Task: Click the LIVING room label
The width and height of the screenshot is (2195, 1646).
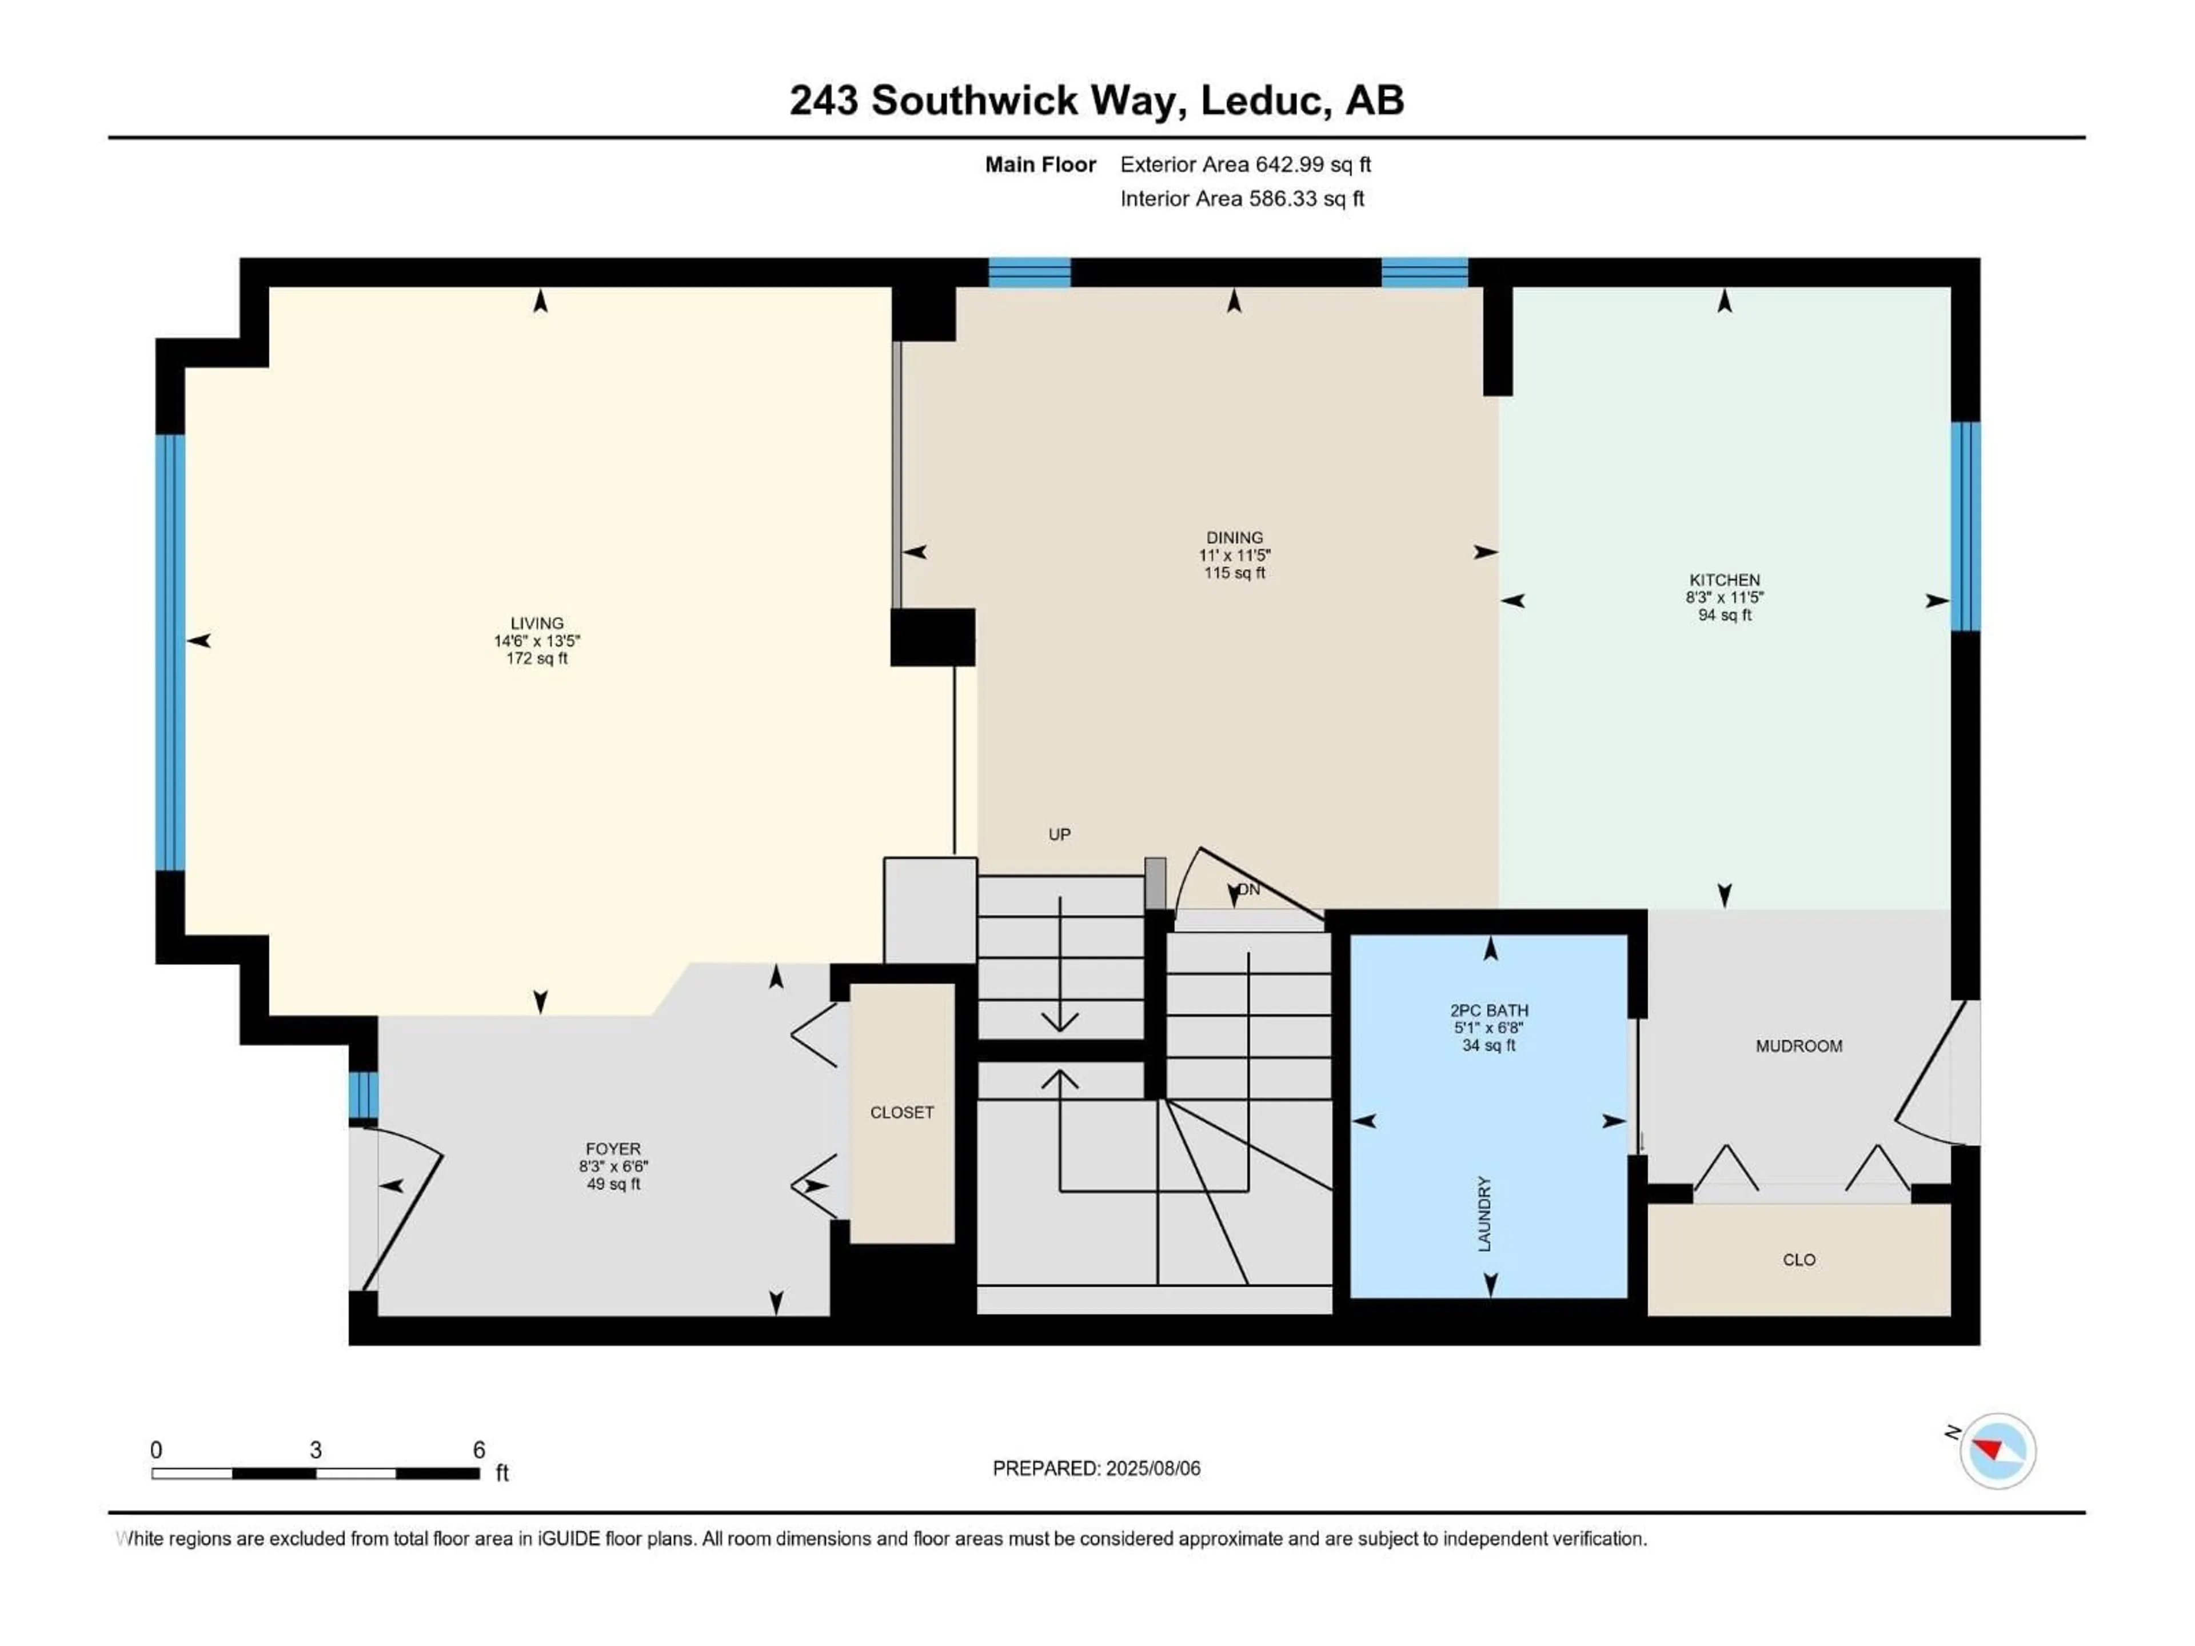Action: pos(537,623)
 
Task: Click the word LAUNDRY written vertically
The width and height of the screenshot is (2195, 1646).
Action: pos(1484,1213)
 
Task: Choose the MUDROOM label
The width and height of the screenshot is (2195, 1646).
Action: pos(1798,1046)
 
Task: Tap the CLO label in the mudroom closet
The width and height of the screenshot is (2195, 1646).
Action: pos(1798,1260)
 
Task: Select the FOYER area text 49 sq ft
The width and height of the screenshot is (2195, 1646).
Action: pos(613,1184)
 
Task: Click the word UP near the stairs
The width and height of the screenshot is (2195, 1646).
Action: pos(1059,834)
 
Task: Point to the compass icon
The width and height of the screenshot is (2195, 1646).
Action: pos(1998,1451)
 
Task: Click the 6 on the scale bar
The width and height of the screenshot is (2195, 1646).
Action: pos(478,1449)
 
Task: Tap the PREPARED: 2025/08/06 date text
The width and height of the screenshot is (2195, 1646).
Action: pos(1096,1468)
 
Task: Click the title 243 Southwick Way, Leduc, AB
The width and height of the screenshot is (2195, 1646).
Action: pos(1096,100)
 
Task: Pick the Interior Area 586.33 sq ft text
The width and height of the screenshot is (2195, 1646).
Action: pos(1242,198)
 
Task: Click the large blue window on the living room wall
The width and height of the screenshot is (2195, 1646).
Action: pos(171,652)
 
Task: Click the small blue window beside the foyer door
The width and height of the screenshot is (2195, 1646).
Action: pos(363,1094)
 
